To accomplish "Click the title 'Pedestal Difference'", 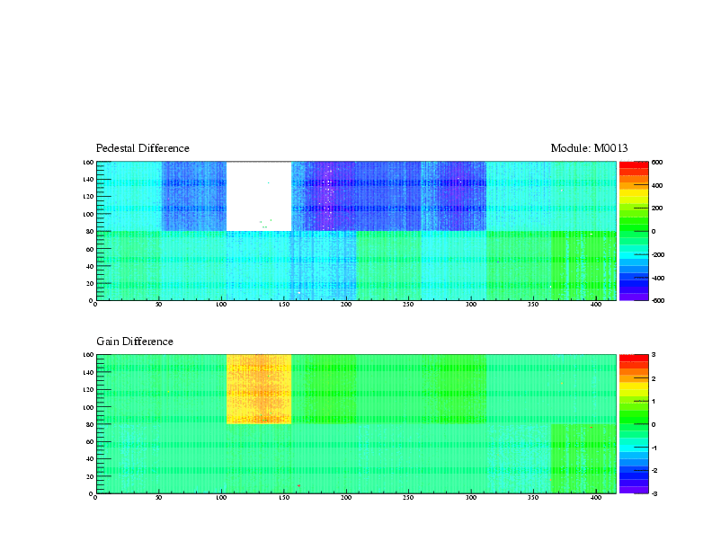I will pyautogui.click(x=143, y=148).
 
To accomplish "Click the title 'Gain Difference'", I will pyautogui.click(x=135, y=342).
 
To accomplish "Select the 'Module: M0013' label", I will pyautogui.click(x=589, y=148).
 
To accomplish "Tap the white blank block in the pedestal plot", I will pyautogui.click(x=259, y=196).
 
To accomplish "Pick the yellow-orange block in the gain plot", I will pyautogui.click(x=259, y=388).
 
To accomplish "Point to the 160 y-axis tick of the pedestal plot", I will pyautogui.click(x=89, y=163).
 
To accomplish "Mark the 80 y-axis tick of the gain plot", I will pyautogui.click(x=90, y=424).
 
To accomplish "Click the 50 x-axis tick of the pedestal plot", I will pyautogui.click(x=158, y=305).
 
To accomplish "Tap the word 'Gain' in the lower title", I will pyautogui.click(x=109, y=342).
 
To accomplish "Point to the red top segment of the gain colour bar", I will pyautogui.click(x=633, y=358).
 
